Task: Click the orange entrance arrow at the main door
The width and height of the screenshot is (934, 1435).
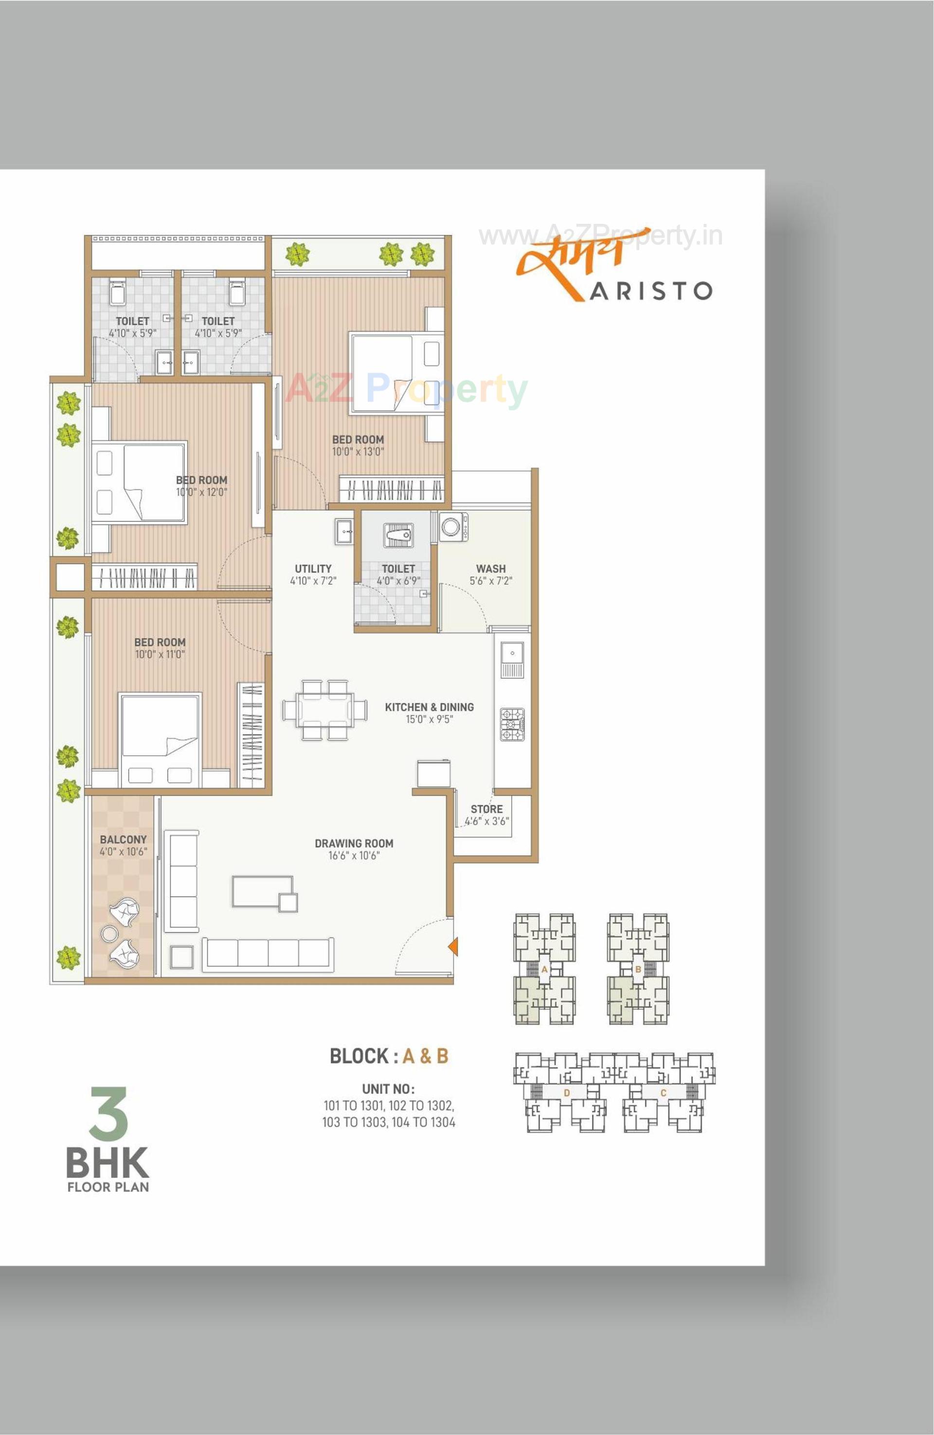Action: click(x=453, y=947)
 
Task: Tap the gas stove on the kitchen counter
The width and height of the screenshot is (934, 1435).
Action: click(x=512, y=724)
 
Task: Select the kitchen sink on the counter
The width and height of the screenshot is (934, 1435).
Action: click(x=512, y=659)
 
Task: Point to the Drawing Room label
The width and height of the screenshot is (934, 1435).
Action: click(x=354, y=843)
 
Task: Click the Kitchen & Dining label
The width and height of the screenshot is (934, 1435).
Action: click(x=429, y=707)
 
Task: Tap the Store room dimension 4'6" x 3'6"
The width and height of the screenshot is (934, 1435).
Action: click(x=487, y=821)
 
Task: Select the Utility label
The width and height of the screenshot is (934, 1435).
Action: click(x=313, y=568)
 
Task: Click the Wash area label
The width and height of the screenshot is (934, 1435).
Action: click(x=490, y=568)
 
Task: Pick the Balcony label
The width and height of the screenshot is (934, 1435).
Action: click(x=123, y=839)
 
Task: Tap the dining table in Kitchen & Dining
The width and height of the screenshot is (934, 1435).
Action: click(x=324, y=710)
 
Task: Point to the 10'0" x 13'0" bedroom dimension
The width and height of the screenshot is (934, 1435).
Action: click(x=358, y=452)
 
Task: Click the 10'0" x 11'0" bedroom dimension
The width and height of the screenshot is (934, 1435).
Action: click(x=160, y=654)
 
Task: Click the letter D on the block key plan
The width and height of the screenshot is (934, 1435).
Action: click(x=566, y=1092)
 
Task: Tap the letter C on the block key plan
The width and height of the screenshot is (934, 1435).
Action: click(x=664, y=1092)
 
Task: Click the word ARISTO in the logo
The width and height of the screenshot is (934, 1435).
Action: click(x=651, y=291)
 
